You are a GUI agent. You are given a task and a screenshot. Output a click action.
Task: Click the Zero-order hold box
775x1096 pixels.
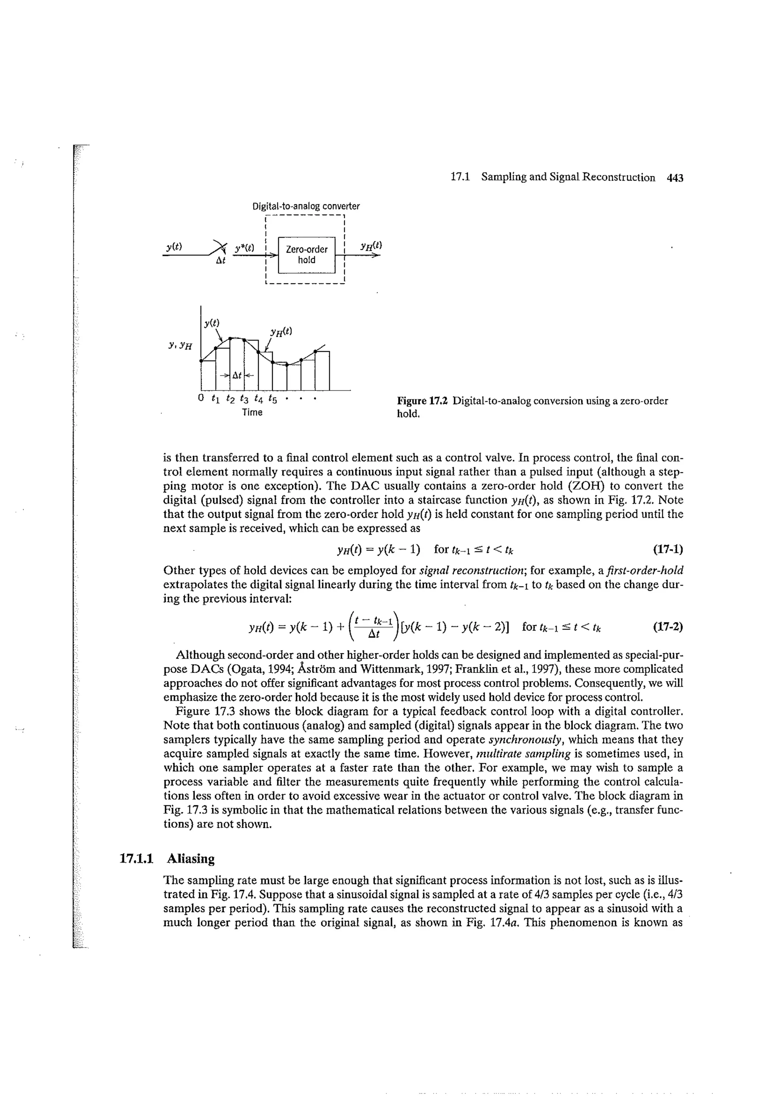[307, 255]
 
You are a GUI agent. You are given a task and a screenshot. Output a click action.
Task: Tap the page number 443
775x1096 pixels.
[675, 177]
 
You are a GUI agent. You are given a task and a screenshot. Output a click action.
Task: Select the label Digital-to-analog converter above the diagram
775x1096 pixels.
[306, 206]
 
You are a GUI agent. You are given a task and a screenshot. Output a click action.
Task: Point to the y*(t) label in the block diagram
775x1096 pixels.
[244, 248]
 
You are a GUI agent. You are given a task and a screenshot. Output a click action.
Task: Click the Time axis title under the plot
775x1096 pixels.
[252, 412]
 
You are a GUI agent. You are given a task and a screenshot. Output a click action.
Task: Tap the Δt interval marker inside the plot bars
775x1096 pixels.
[237, 375]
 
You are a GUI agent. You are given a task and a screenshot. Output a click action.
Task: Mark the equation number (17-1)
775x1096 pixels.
[668, 549]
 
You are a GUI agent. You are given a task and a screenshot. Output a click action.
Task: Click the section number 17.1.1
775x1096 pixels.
[136, 859]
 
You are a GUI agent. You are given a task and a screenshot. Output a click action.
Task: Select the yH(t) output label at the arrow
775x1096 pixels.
[372, 246]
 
